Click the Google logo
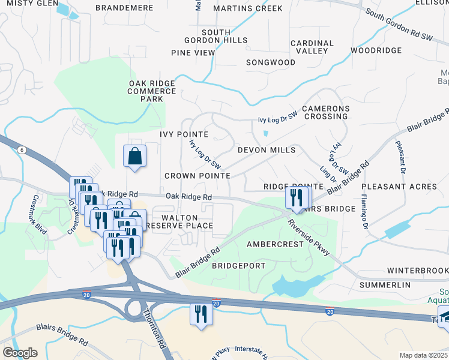point(20,353)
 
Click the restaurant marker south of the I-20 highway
point(201,314)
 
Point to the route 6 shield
point(21,150)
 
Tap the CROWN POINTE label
point(197,176)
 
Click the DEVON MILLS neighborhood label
point(267,150)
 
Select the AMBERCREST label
point(274,244)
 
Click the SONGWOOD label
point(271,62)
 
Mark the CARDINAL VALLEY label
point(312,47)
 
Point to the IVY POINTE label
point(184,134)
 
